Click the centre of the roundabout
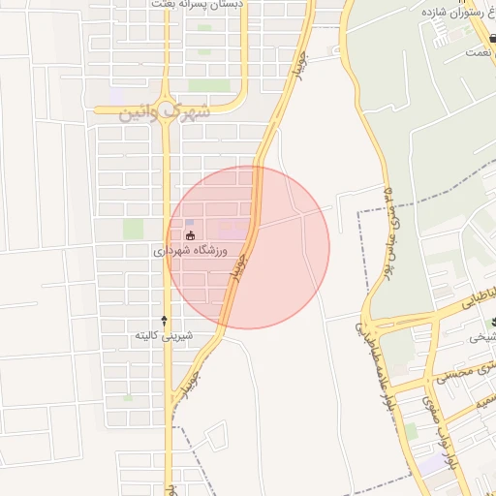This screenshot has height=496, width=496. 167,108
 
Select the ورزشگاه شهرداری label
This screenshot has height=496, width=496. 190,251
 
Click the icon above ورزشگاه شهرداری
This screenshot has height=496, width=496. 190,235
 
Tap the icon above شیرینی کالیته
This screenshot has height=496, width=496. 164,320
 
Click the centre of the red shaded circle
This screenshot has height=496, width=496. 249,248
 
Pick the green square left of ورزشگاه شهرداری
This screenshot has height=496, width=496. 133,229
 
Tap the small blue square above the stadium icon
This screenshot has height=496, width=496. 189,223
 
